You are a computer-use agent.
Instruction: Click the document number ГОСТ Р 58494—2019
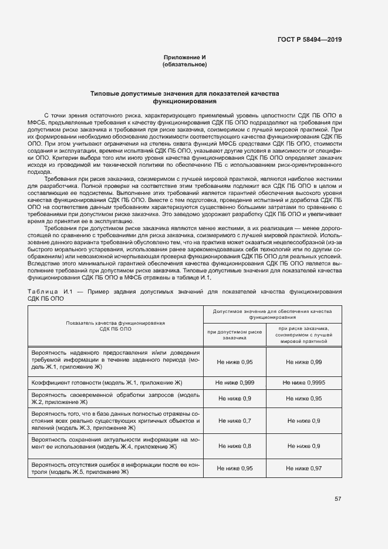[x=309, y=40]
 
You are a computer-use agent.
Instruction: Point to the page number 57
[x=338, y=499]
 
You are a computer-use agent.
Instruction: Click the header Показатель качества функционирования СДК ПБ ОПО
[x=115, y=326]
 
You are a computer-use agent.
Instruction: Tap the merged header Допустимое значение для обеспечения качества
[x=272, y=314]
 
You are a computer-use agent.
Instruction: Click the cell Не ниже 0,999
[x=234, y=382]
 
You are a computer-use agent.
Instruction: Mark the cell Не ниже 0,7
[x=234, y=421]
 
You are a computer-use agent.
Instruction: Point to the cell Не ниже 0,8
[x=234, y=446]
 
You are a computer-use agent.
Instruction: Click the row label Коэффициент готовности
[x=115, y=382]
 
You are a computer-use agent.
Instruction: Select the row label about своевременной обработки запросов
[x=115, y=399]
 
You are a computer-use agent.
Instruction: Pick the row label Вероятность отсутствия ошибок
[x=115, y=469]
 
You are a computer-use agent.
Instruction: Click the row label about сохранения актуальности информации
[x=115, y=443]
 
